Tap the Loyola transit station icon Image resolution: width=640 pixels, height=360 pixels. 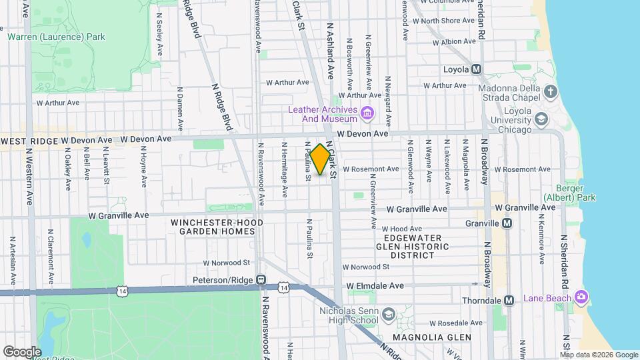pos(476,70)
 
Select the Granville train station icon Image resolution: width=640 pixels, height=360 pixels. pos(507,223)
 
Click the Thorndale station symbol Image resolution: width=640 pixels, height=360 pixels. pos(509,300)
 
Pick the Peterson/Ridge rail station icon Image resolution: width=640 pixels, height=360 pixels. pos(261,280)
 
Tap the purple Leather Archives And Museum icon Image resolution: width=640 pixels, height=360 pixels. pos(366,114)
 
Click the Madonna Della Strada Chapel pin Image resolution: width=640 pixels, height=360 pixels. pos(550,91)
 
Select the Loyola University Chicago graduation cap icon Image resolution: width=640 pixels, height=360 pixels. pos(541,119)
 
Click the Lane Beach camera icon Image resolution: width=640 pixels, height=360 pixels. pos(581,296)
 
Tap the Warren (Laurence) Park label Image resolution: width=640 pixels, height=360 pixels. pos(56,37)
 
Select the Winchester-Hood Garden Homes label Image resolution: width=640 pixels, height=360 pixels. pos(213,227)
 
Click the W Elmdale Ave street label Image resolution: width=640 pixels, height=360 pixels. pos(375,285)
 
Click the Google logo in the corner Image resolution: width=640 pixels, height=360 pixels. pos(22,351)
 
